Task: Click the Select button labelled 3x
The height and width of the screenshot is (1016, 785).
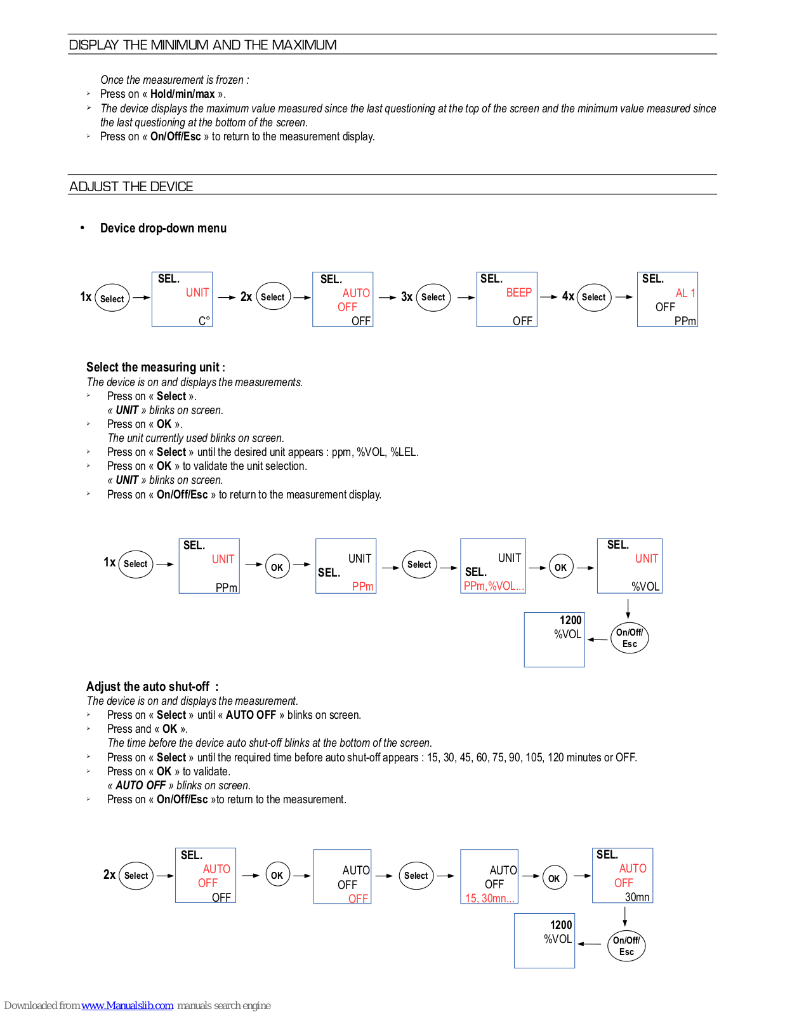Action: [x=433, y=297]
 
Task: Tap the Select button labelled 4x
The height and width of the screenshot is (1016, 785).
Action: [x=594, y=297]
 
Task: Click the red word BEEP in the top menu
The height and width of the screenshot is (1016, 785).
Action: [x=518, y=292]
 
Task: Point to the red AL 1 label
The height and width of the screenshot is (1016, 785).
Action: [x=685, y=293]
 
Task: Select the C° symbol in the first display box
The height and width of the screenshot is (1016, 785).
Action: [x=204, y=321]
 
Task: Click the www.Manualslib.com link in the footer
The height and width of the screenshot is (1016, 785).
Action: [x=127, y=1005]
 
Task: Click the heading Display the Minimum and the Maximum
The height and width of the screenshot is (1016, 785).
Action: [x=202, y=45]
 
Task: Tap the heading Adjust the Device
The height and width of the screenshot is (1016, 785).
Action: [x=131, y=187]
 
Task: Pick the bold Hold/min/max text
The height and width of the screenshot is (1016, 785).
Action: [x=182, y=94]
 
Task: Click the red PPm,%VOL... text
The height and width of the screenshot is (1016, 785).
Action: [x=494, y=586]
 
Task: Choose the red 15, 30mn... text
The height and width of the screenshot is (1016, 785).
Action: [x=490, y=898]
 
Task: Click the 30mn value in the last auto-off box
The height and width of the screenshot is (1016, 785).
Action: [x=637, y=897]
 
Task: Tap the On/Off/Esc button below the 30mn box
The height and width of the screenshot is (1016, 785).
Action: [x=626, y=946]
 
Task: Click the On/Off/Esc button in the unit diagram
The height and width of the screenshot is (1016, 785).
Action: [x=630, y=638]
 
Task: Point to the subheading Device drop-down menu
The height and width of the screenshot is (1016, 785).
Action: [x=163, y=228]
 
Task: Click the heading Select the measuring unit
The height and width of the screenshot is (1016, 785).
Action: [x=155, y=367]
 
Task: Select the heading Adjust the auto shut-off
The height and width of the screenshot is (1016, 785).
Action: [x=152, y=686]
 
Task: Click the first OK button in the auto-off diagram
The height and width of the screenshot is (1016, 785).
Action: [x=277, y=875]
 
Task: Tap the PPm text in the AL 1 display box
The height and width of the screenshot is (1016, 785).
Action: [x=685, y=321]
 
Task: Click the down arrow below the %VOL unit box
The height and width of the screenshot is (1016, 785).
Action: [x=628, y=608]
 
